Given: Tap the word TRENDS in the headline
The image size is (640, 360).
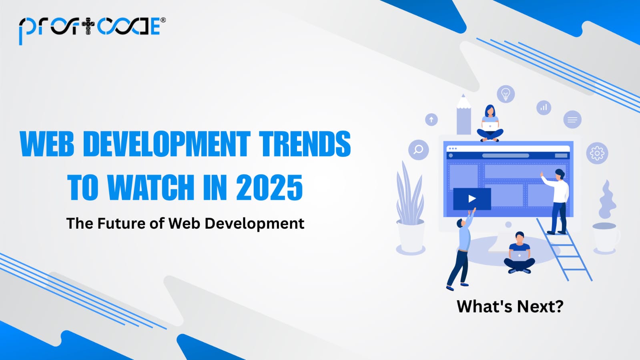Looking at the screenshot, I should pos(305,144).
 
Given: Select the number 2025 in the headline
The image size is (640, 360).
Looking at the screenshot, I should pos(269,187).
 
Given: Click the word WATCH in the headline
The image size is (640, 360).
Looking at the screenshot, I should pos(151,187).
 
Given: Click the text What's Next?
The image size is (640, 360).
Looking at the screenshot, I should pos(510,307).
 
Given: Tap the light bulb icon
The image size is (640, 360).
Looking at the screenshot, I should pos(506,94).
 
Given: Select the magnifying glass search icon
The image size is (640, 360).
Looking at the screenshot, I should pos(418,150).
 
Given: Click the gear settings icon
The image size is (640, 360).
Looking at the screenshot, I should pos(597,153).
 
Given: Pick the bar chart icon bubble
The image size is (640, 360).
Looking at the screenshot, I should pos(544,107).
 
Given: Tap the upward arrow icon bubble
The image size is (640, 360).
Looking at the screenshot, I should pos(431,119).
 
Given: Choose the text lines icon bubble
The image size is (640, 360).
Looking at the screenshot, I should pos(572,119).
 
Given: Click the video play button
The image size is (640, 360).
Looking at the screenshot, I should pos(472,199).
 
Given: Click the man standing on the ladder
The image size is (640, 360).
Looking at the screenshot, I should pos(558,200).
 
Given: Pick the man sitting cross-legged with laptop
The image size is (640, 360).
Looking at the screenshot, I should pos(519,254).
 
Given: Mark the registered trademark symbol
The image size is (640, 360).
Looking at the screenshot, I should pos(163,20).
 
